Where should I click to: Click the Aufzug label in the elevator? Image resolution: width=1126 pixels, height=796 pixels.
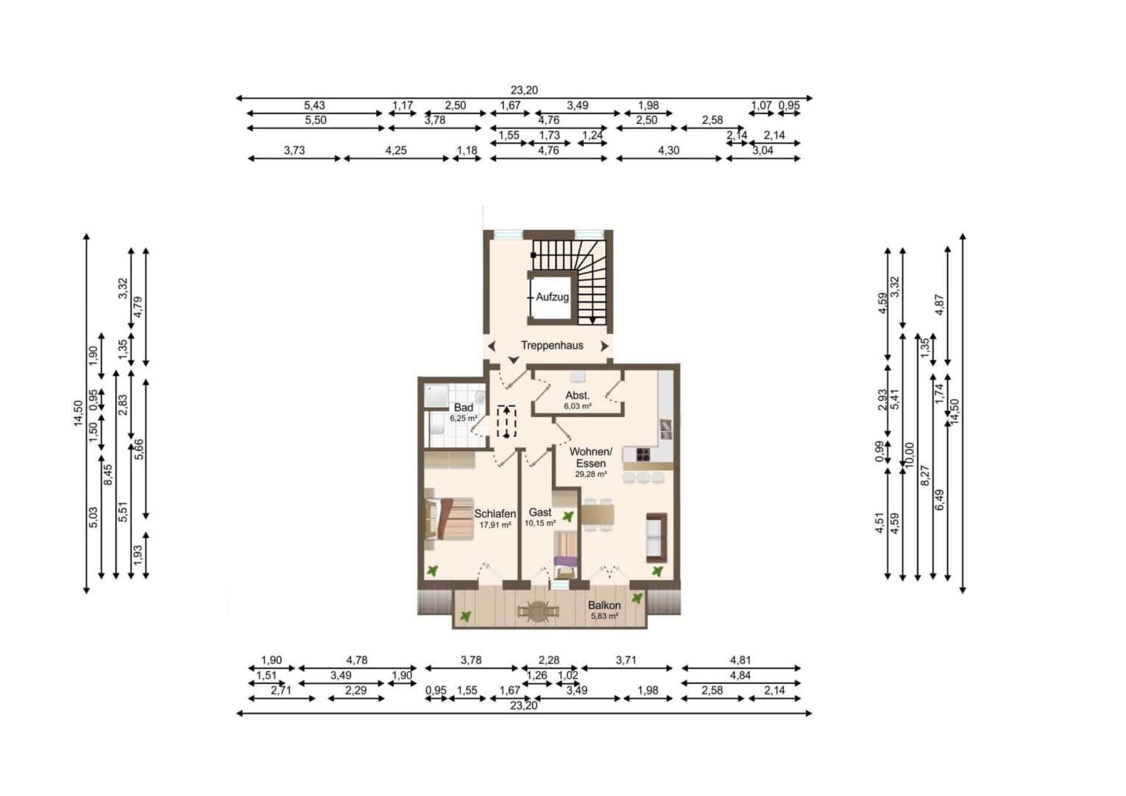pyautogui.click(x=552, y=297)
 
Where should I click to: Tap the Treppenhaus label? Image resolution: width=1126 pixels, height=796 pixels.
pyautogui.click(x=552, y=346)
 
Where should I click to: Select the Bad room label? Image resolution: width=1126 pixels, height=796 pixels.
pyautogui.click(x=463, y=408)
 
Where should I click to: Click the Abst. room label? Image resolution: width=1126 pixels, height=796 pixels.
pyautogui.click(x=577, y=395)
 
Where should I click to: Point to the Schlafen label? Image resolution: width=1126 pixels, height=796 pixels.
pyautogui.click(x=495, y=514)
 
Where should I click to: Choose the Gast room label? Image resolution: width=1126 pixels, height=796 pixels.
pyautogui.click(x=540, y=512)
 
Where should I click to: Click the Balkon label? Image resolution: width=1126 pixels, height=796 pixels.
pyautogui.click(x=604, y=605)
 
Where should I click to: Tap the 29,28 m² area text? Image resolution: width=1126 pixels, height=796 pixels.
pyautogui.click(x=591, y=474)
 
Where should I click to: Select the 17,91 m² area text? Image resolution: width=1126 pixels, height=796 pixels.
pyautogui.click(x=495, y=525)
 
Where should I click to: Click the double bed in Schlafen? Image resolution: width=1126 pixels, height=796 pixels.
pyautogui.click(x=450, y=519)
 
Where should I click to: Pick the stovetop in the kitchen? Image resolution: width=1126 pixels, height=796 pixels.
pyautogui.click(x=643, y=455)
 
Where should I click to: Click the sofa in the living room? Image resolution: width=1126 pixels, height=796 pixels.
pyautogui.click(x=657, y=537)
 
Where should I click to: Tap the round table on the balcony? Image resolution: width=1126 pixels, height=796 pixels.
pyautogui.click(x=539, y=612)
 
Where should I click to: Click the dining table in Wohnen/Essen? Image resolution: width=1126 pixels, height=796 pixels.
pyautogui.click(x=598, y=514)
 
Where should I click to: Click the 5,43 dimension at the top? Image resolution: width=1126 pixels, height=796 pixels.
pyautogui.click(x=314, y=105)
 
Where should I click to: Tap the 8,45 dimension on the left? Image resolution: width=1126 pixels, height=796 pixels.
pyautogui.click(x=108, y=475)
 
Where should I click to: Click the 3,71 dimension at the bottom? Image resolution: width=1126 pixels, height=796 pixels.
pyautogui.click(x=626, y=660)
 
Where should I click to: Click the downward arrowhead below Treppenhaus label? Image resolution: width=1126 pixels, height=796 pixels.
pyautogui.click(x=513, y=360)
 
